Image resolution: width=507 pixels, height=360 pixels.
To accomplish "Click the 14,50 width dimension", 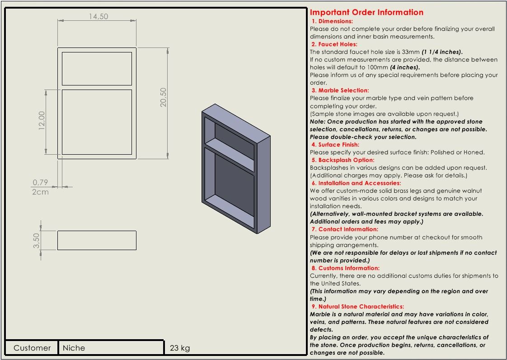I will [98, 16].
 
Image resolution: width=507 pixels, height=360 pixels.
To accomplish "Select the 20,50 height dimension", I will [163, 97].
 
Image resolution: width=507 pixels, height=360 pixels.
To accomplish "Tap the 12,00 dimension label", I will [42, 121].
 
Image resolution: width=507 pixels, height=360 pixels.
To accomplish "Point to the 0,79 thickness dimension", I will [40, 183].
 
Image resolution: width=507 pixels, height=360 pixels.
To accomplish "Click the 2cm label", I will [40, 192].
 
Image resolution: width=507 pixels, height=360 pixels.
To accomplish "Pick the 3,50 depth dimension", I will [37, 240].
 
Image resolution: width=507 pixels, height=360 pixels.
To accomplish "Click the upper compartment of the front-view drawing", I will [97, 68].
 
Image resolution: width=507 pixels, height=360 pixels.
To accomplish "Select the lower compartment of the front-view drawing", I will [97, 122].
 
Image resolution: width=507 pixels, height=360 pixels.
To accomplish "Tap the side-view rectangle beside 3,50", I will [97, 240].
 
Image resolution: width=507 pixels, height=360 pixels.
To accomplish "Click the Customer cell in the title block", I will [32, 348].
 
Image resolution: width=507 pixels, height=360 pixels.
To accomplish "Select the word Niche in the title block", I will [74, 348].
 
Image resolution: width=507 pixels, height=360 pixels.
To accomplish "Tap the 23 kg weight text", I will [180, 348].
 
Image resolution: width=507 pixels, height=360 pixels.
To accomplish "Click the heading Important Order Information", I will [366, 12].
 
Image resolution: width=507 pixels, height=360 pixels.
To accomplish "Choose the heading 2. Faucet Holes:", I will [334, 44].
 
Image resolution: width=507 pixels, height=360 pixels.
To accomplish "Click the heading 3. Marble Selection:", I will [340, 90].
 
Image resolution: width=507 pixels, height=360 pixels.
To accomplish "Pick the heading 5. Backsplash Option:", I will [343, 160].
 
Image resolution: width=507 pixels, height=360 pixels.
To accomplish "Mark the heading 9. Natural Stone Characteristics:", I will [357, 307].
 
